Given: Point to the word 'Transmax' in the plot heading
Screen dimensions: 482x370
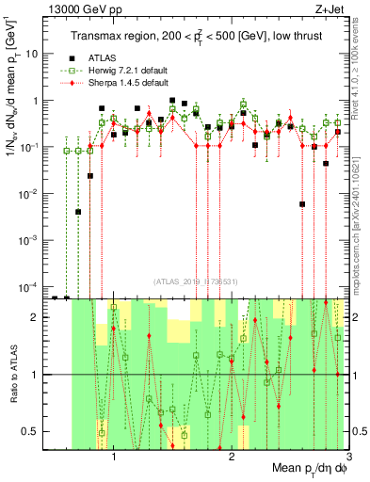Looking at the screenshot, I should pyautogui.click(x=95, y=36).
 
